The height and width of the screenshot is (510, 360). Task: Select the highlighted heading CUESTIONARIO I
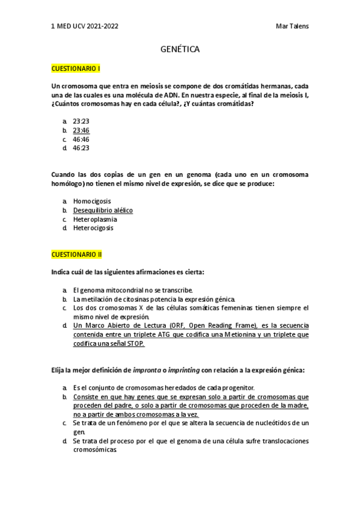click(76, 69)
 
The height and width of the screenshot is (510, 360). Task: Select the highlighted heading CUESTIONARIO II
click(77, 254)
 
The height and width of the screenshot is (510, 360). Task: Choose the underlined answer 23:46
click(81, 130)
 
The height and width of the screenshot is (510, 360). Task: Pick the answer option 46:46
click(81, 139)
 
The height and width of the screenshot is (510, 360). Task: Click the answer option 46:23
click(81, 148)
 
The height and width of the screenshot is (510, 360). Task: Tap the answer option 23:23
click(81, 121)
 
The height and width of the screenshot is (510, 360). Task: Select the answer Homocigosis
click(92, 201)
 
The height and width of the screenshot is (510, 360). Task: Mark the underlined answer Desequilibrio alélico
click(103, 210)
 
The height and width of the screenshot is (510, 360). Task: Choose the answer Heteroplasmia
click(95, 219)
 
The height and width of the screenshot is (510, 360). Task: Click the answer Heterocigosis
click(93, 228)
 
